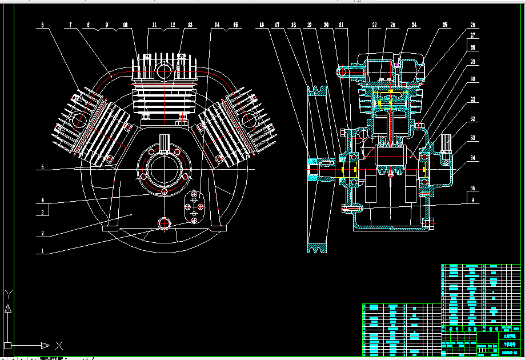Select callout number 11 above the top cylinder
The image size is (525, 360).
pyautogui.click(x=154, y=25)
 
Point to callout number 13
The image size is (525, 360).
pyautogui.click(x=190, y=25)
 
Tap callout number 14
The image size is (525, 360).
pyautogui.click(x=217, y=25)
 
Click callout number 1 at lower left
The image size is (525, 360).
pyautogui.click(x=42, y=250)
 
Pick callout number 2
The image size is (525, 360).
pyautogui.click(x=42, y=233)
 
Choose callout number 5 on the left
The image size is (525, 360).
pyautogui.click(x=42, y=169)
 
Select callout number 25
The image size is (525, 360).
pyautogui.click(x=445, y=25)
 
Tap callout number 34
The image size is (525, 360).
pyautogui.click(x=472, y=157)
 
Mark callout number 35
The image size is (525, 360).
pyautogui.click(x=472, y=188)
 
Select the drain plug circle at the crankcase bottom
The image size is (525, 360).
pyautogui.click(x=165, y=223)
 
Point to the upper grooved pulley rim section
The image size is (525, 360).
pyautogui.click(x=317, y=90)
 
